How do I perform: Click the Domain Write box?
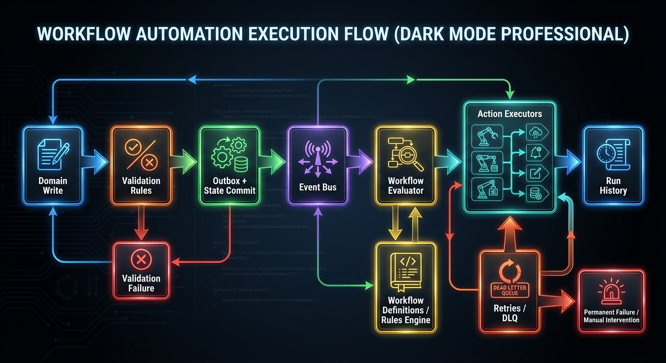pos(53,165)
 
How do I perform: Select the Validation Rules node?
pos(141,165)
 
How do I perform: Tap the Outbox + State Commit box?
pos(229,165)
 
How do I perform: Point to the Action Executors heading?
pos(509,114)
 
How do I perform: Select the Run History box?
pos(613,165)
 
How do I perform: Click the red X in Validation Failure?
pos(140,259)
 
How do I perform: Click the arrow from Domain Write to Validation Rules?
pos(96,161)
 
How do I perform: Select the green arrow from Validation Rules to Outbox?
pos(185,161)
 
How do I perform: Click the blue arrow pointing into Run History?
pos(569,161)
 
